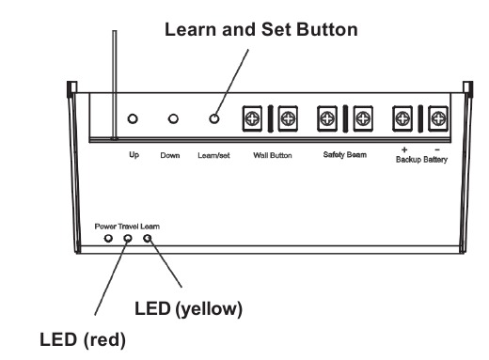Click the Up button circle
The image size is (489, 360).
pyautogui.click(x=133, y=119)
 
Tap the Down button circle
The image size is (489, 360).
pyautogui.click(x=173, y=119)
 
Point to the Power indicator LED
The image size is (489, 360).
pyautogui.click(x=108, y=239)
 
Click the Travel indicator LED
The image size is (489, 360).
pyautogui.click(x=128, y=239)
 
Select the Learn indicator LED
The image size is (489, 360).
pyautogui.click(x=148, y=239)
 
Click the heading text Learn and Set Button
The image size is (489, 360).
pyautogui.click(x=260, y=30)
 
